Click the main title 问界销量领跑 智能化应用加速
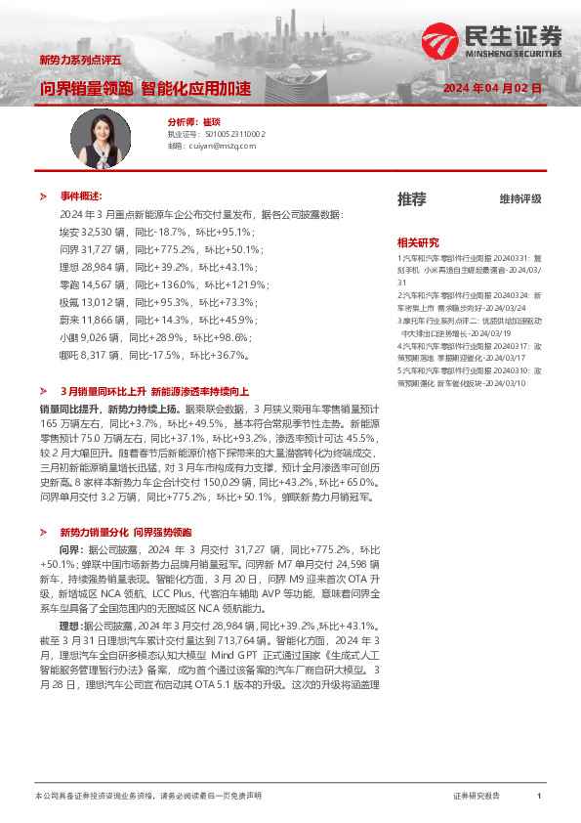click(145, 88)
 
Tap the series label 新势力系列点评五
click(80, 61)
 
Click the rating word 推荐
click(411, 199)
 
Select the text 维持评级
click(519, 199)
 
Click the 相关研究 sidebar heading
click(418, 241)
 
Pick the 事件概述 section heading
click(82, 195)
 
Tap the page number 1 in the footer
click(539, 797)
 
